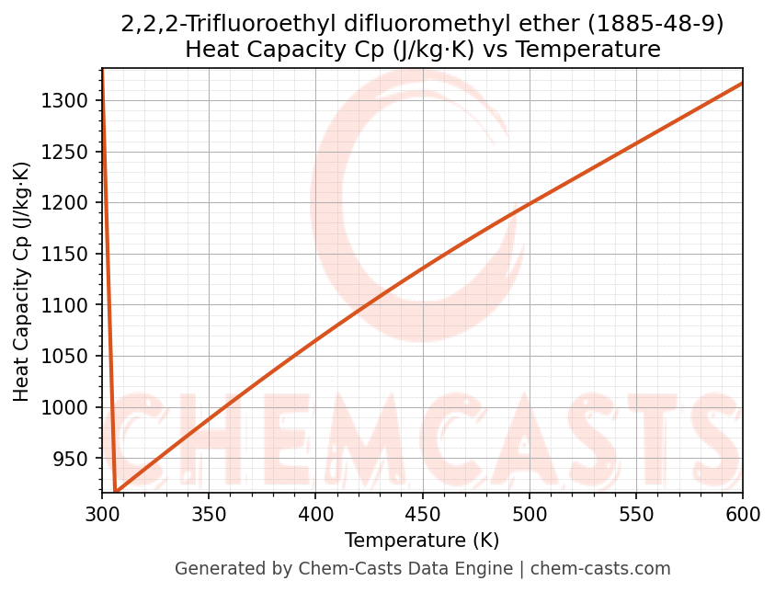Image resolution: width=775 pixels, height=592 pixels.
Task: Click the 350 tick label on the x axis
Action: click(209, 513)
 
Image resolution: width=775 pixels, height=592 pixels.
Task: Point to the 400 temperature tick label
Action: click(315, 513)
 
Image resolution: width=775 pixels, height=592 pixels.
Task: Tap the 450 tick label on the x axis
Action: click(422, 513)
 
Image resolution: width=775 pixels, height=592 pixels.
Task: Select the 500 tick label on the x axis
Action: click(529, 513)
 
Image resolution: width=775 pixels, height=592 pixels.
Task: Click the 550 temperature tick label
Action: click(635, 513)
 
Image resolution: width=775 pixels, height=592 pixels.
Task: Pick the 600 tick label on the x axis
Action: click(742, 513)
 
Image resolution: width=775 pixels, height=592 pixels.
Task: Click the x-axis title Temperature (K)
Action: click(422, 540)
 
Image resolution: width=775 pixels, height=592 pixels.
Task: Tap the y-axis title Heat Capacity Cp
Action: click(22, 281)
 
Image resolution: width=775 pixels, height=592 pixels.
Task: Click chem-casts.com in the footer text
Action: click(600, 569)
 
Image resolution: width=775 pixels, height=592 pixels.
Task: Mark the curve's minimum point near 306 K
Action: click(116, 492)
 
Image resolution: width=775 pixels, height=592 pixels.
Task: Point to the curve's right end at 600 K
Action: click(742, 84)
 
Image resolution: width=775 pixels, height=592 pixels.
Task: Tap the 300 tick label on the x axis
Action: click(102, 513)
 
